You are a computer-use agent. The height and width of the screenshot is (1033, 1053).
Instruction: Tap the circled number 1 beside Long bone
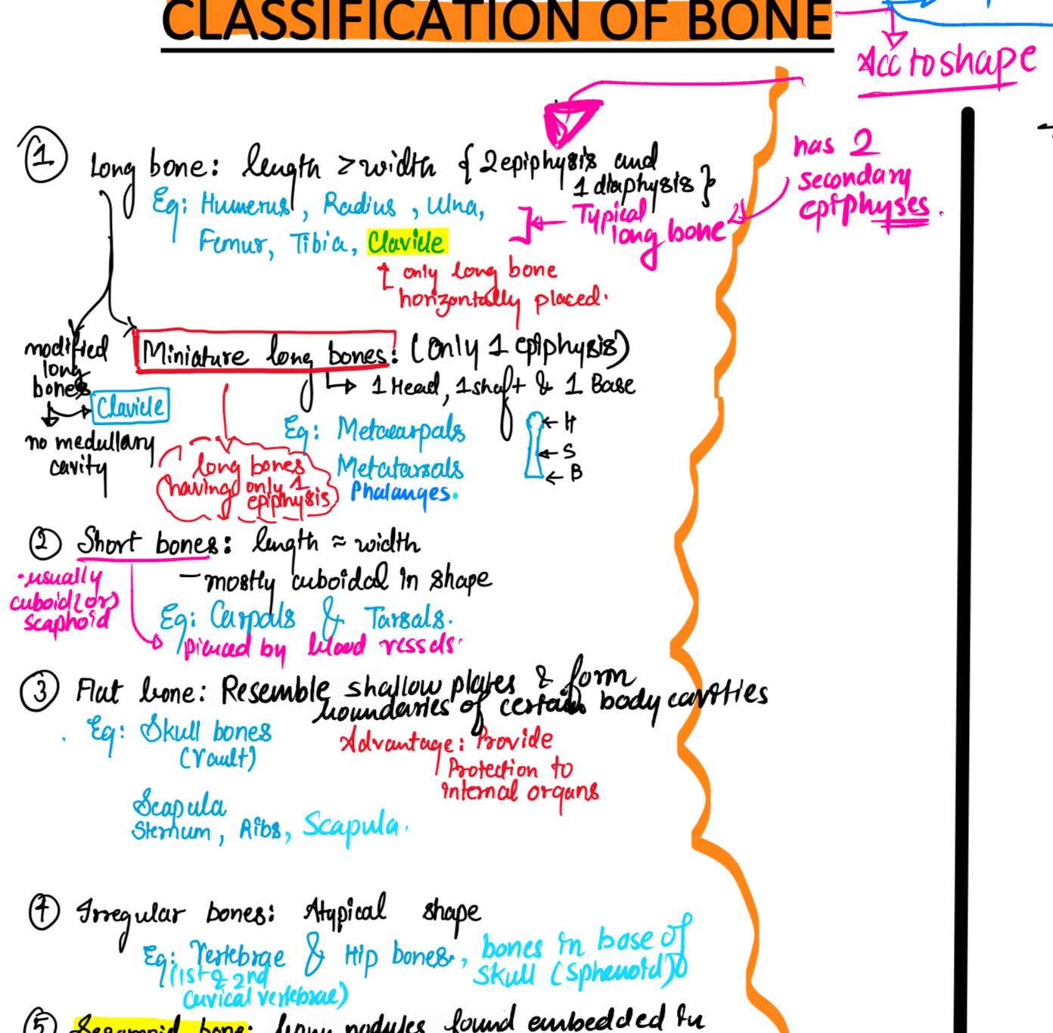[x=44, y=156]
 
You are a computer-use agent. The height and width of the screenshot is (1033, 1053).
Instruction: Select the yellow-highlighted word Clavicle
[x=406, y=242]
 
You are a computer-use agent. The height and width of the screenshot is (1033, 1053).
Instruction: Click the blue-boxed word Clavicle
[x=130, y=407]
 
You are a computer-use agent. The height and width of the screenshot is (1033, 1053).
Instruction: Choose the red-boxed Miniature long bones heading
[x=266, y=352]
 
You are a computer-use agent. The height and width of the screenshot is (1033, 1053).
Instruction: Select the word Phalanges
[x=402, y=492]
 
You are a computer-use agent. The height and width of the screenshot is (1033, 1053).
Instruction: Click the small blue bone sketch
[x=535, y=446]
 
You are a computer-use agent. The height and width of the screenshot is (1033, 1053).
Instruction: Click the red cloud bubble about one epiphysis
[x=246, y=482]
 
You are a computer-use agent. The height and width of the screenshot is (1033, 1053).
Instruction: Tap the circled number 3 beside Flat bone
[x=39, y=691]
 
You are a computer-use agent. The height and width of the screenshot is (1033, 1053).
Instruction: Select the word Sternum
[x=172, y=831]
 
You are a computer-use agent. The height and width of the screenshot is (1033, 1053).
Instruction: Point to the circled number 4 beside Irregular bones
[x=44, y=910]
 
